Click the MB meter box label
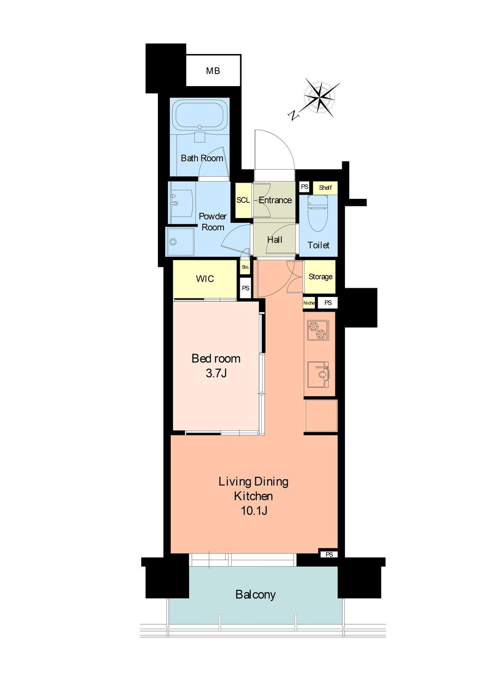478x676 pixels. (x=213, y=71)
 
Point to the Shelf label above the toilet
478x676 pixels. (x=325, y=187)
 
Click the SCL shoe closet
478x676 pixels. (x=243, y=200)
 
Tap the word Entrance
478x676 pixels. (x=275, y=200)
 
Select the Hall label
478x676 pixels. (x=275, y=240)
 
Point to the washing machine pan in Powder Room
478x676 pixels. (x=180, y=241)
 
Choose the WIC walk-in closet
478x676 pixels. (x=205, y=279)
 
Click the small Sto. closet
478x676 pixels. (x=245, y=267)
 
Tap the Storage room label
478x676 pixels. (x=321, y=276)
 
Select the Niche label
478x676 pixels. (x=309, y=303)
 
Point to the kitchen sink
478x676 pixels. (x=319, y=375)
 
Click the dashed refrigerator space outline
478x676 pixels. (x=321, y=415)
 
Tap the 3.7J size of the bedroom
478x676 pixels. (x=216, y=373)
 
